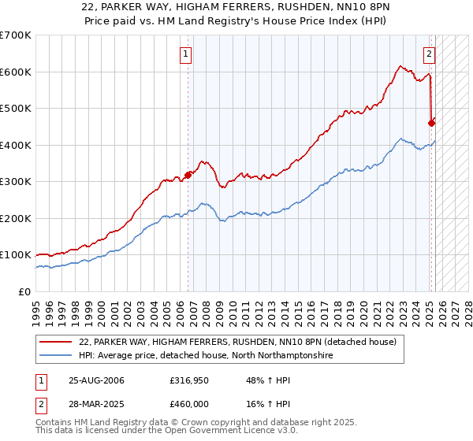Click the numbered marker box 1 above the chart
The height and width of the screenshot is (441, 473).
coord(185,54)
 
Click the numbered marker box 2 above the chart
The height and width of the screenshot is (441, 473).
coord(429,54)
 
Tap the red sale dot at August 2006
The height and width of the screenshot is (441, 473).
coord(188,175)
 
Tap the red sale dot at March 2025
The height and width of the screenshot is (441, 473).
coord(431,123)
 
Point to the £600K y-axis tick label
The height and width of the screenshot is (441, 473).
coord(16,72)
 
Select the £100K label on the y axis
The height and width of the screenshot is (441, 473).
coord(16,255)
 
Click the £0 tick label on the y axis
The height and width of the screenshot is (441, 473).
coord(25,292)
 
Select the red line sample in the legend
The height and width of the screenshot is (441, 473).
coord(57,342)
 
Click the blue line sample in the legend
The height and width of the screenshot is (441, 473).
coord(57,356)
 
